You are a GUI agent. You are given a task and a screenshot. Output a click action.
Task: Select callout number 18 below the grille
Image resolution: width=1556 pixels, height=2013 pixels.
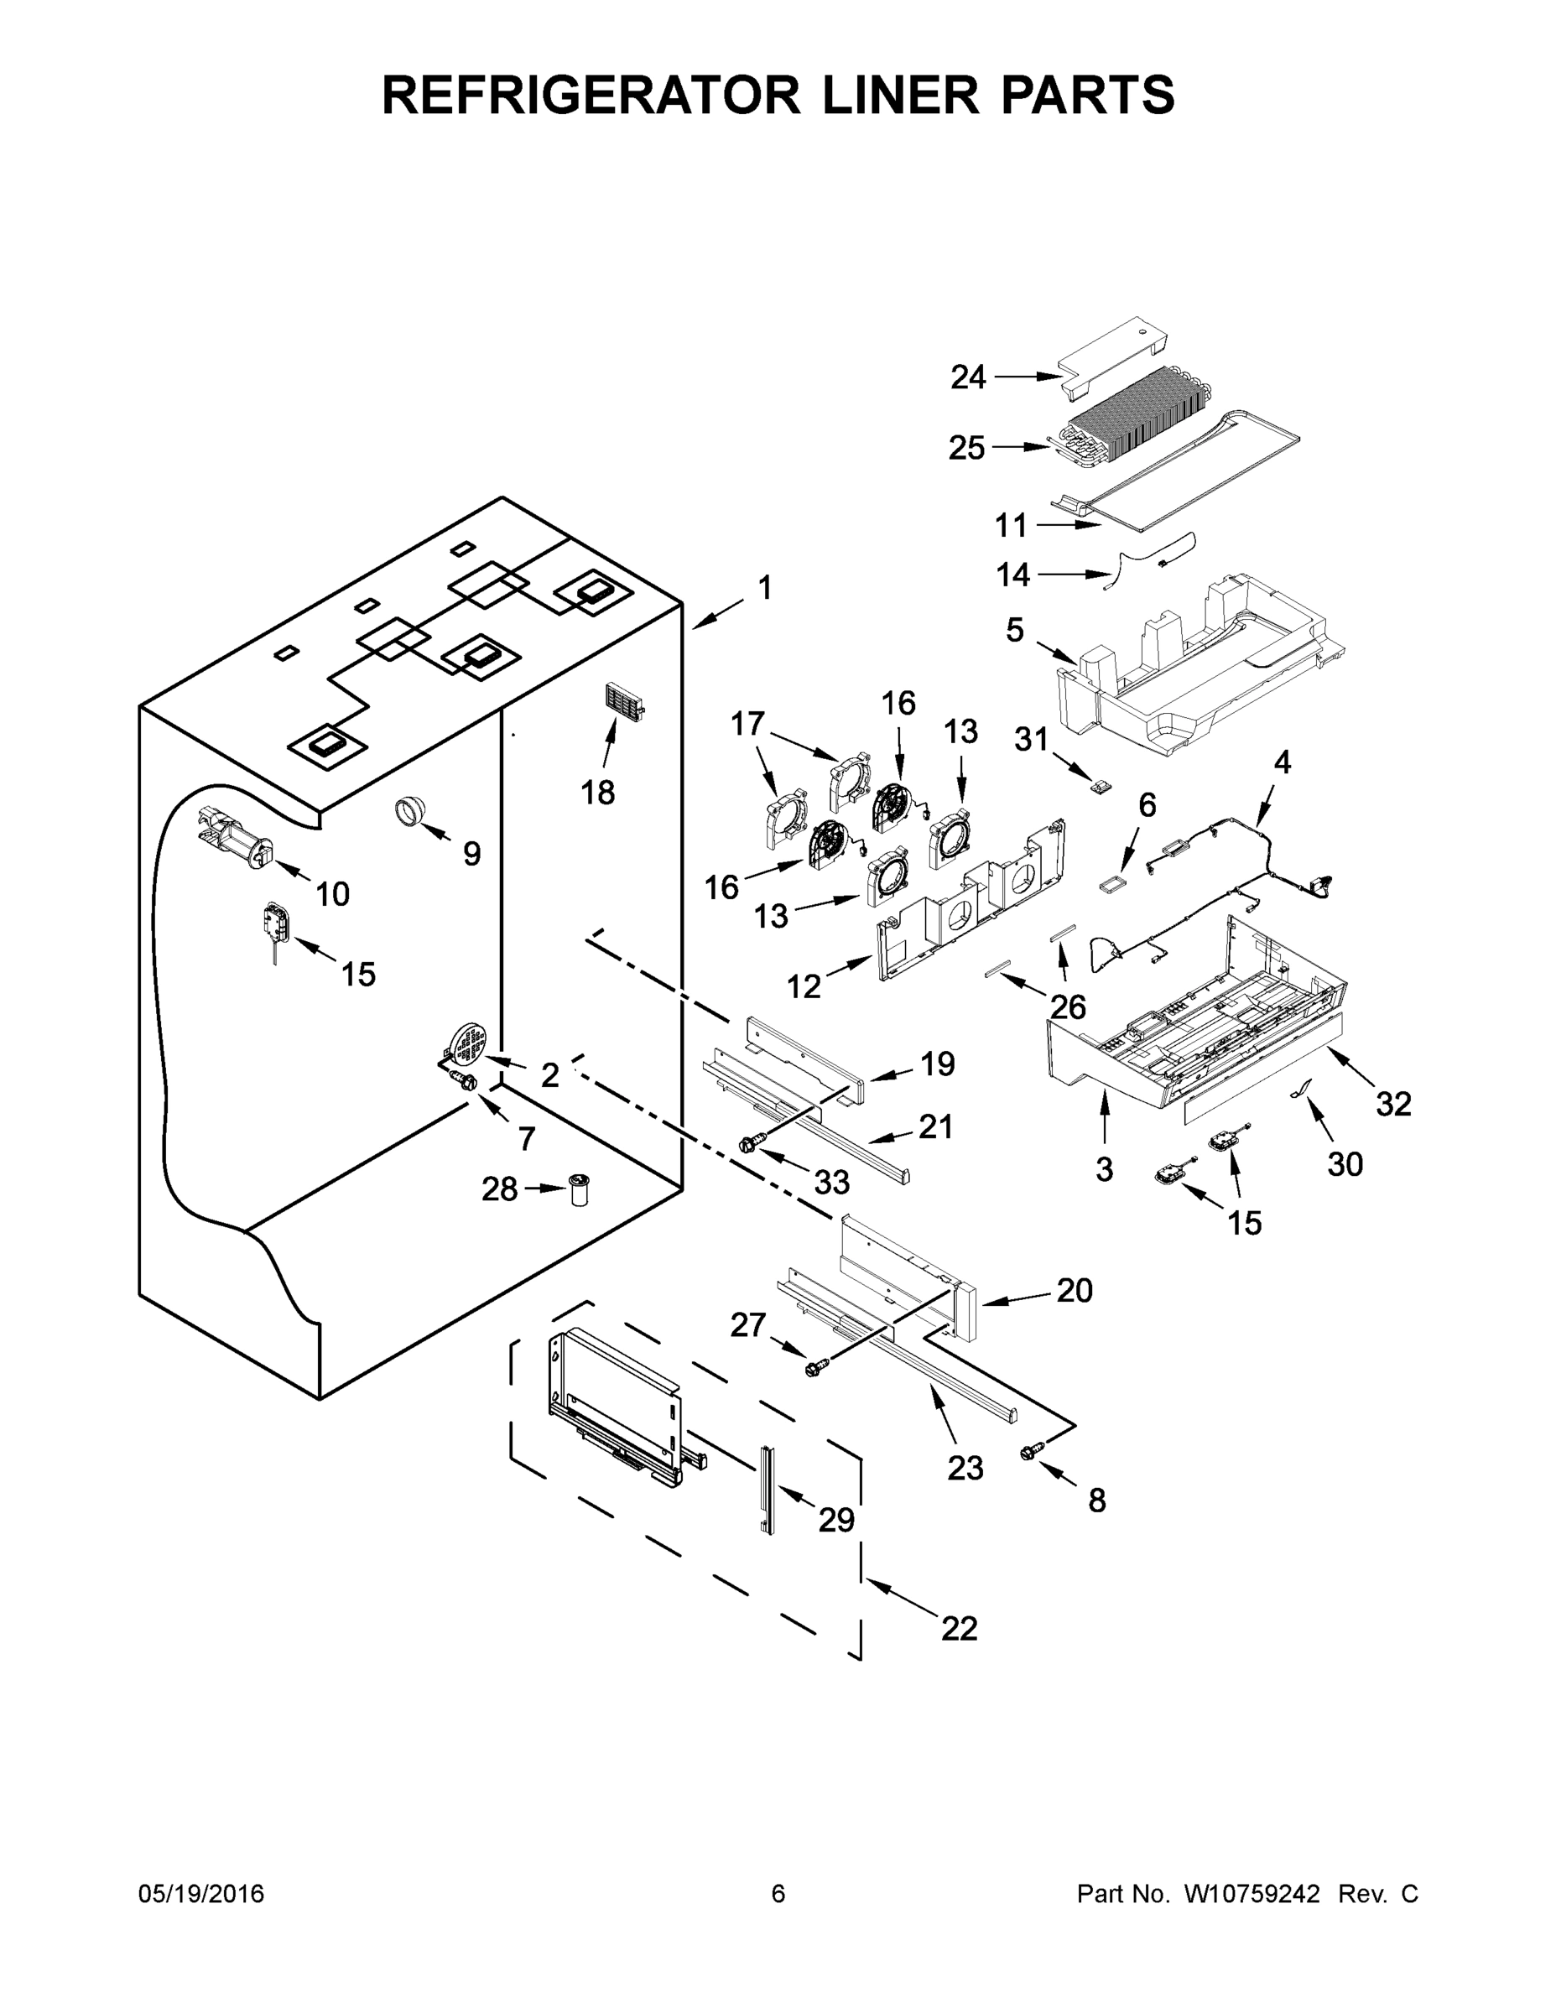point(597,792)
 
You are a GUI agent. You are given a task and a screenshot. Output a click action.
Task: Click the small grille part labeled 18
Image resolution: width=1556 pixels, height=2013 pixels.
point(624,708)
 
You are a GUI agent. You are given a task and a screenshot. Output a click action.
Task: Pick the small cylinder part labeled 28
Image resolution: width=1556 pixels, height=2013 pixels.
point(579,1190)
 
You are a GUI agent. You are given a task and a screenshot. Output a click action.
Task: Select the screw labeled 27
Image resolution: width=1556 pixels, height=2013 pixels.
point(814,1369)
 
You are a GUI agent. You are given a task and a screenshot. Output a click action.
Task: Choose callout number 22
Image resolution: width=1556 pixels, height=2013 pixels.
point(959,1629)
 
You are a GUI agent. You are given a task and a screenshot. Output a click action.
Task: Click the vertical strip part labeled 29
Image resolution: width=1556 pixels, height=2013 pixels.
point(767,1489)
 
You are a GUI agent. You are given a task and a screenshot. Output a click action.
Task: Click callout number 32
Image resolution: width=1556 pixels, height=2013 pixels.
point(1392,1103)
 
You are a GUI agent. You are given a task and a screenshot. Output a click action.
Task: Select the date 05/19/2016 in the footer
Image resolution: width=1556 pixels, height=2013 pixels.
point(201,1894)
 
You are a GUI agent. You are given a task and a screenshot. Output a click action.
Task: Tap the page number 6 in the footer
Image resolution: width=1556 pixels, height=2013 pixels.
point(778,1894)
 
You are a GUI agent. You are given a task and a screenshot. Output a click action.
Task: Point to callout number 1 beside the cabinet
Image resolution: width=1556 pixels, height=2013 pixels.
point(764,587)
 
